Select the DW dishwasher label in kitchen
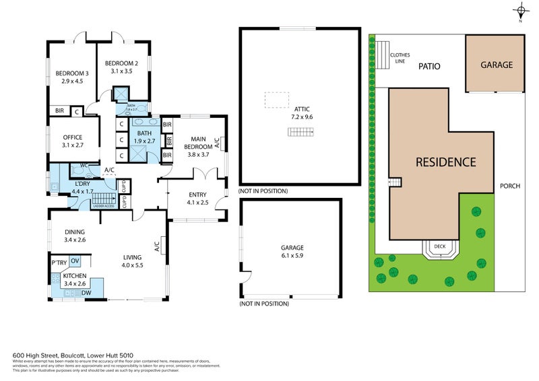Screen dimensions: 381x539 86,293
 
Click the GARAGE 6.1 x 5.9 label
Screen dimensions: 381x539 292,251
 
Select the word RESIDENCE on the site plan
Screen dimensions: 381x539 445,162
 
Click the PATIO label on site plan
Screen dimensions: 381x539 429,67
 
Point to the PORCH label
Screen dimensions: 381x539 510,186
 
